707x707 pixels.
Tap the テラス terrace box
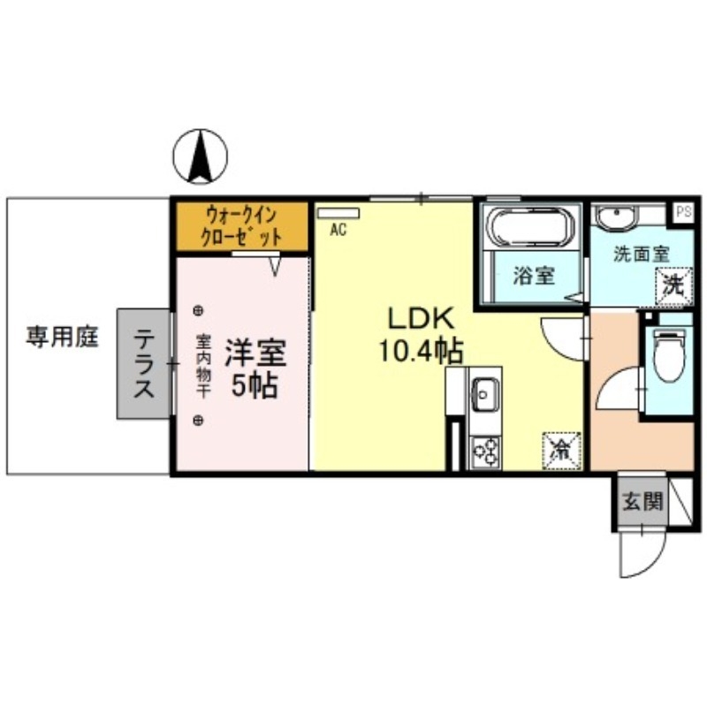tap(143, 363)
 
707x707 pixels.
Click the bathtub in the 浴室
tap(528, 228)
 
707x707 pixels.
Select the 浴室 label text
tap(535, 276)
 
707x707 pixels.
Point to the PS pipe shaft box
tap(682, 211)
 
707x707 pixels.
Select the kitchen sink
tap(485, 391)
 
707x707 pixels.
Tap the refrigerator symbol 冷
tap(561, 448)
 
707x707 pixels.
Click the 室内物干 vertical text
tap(202, 365)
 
